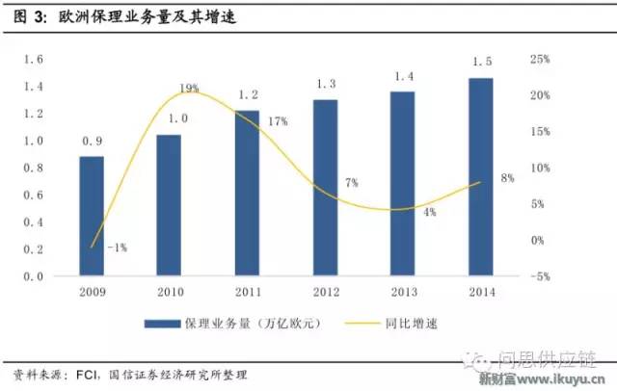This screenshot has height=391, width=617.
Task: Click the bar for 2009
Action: tap(92, 216)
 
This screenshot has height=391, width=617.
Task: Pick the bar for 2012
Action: tap(325, 188)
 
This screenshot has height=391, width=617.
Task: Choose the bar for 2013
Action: tap(403, 184)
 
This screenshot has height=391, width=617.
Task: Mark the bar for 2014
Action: tap(481, 177)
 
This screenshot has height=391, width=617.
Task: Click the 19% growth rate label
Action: tap(189, 89)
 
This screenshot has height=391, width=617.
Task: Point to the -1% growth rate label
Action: tap(117, 248)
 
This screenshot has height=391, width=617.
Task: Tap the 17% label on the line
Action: tap(280, 122)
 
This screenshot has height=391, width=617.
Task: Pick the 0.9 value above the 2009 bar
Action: tap(92, 140)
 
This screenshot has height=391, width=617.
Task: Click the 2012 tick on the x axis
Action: tap(325, 291)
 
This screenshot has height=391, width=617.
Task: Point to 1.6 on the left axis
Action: tap(34, 60)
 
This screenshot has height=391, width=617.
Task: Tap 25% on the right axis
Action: tap(540, 60)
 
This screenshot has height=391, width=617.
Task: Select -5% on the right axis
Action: tap(540, 276)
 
